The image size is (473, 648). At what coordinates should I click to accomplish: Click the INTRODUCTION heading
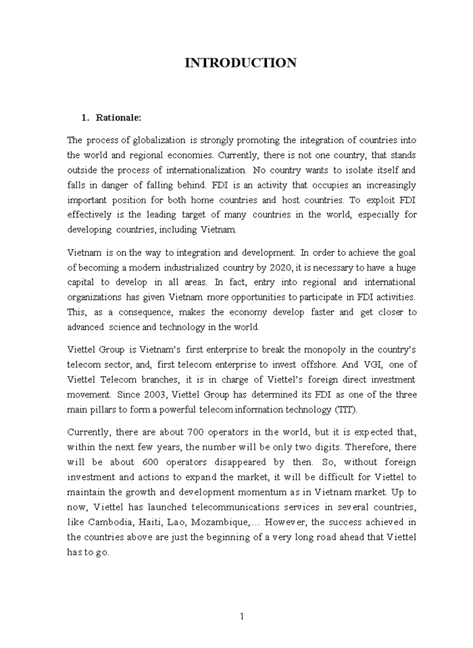241,63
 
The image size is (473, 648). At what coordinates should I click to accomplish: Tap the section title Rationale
118,117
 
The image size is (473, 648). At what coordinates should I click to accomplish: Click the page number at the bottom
242,616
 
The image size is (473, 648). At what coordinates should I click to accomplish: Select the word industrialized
184,267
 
